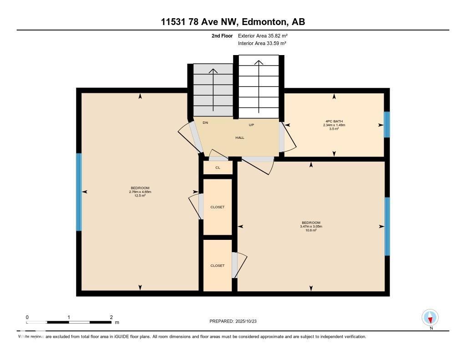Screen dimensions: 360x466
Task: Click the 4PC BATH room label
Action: [x=334, y=121]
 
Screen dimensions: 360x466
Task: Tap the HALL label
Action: [x=240, y=137]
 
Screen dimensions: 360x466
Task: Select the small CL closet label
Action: [x=218, y=167]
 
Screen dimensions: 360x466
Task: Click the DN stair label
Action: [x=205, y=123]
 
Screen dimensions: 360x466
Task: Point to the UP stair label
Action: [x=251, y=125]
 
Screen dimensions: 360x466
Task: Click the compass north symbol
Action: [x=430, y=318]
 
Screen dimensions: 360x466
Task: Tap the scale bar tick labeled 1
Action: [x=68, y=317]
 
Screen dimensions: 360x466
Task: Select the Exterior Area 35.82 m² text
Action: [x=263, y=35]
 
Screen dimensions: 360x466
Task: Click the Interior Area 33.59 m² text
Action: [x=262, y=43]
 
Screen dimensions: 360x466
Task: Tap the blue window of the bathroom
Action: [x=386, y=124]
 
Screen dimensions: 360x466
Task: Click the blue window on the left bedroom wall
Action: [x=79, y=192]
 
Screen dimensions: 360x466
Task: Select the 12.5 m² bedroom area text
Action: [x=140, y=196]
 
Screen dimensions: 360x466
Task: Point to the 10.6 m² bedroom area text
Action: [x=311, y=230]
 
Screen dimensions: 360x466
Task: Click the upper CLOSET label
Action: [x=218, y=207]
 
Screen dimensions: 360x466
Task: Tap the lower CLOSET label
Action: [x=218, y=265]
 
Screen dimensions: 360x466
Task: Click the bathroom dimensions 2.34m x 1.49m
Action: [x=334, y=125]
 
